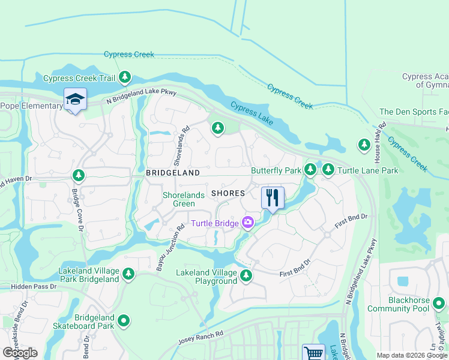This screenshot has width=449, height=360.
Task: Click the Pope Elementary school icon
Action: click(75, 99)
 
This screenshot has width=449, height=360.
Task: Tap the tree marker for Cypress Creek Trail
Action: click(125, 77)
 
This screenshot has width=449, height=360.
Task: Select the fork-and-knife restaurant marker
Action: click(272, 197)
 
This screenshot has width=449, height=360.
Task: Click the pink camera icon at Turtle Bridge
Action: click(247, 223)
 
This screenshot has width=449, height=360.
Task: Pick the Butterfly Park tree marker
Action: click(310, 170)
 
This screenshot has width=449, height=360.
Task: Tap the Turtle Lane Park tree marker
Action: click(328, 170)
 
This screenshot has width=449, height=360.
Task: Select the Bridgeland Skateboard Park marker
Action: click(124, 321)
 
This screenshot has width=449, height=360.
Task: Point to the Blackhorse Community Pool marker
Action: click(439, 304)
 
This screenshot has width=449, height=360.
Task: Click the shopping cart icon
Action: click(313, 353)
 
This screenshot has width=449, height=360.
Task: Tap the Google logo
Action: click(19, 353)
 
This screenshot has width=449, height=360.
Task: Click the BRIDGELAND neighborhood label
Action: click(172, 172)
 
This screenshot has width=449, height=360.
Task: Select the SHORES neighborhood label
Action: click(228, 193)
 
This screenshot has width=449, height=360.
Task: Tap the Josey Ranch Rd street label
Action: click(200, 339)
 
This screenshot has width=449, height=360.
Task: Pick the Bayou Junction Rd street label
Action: click(170, 247)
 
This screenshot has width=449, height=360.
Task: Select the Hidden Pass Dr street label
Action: click(28, 287)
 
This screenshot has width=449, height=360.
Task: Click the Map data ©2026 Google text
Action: click(411, 355)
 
